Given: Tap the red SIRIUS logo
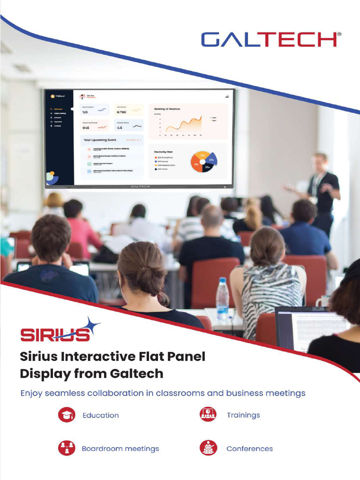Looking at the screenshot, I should pos(55,333).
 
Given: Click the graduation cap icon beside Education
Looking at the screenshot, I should pos(67,415).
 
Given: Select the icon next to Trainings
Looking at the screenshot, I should pos(208,414).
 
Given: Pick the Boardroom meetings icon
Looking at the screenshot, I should pos(67,448).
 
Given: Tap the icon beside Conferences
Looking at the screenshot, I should pos(208,448).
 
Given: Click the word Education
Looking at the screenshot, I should pos(100,415).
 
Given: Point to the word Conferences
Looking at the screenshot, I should pos(249,449).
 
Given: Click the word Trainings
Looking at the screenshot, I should pos(243,415).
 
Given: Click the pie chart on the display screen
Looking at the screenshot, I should pos(202,162).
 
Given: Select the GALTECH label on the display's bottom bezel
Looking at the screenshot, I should pos(140,186).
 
